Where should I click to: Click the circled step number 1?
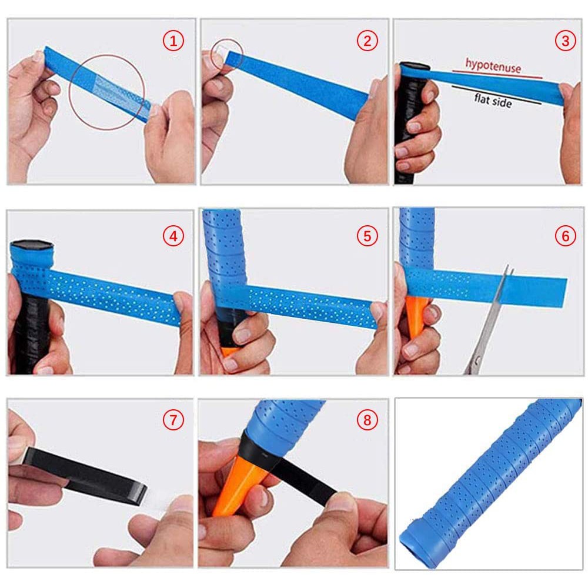pyautogui.click(x=173, y=41)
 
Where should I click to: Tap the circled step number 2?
pyautogui.click(x=367, y=41)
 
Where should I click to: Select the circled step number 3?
pyautogui.click(x=565, y=41)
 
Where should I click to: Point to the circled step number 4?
pyautogui.click(x=173, y=236)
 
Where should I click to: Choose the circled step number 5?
pyautogui.click(x=367, y=236)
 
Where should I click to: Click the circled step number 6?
pyautogui.click(x=565, y=236)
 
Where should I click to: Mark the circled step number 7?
pyautogui.click(x=173, y=420)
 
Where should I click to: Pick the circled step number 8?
pyautogui.click(x=367, y=420)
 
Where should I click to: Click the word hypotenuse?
pyautogui.click(x=493, y=65)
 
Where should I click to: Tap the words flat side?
pyautogui.click(x=493, y=101)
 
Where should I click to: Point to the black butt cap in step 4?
pyautogui.click(x=33, y=246)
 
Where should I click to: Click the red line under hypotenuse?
pyautogui.click(x=497, y=74)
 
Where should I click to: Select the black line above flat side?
pyautogui.click(x=496, y=95)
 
